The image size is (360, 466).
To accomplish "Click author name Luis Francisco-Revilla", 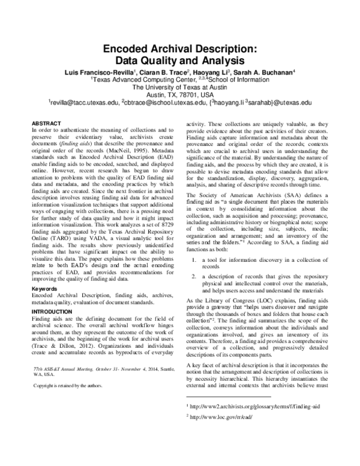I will point(99,72).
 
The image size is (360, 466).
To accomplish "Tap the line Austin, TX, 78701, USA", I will point(180,95).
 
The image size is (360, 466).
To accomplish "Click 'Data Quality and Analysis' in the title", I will point(180,61).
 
